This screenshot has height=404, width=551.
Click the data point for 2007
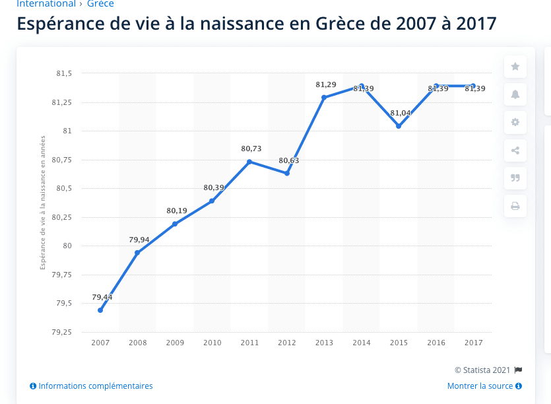(x=100, y=310)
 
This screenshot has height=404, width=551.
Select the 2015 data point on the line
(x=399, y=126)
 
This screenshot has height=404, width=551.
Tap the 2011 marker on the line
(x=249, y=162)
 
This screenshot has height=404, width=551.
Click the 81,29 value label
(x=326, y=84)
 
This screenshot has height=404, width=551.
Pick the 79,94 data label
(x=139, y=240)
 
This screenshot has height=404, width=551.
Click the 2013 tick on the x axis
(x=325, y=343)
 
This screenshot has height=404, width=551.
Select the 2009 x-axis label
(x=175, y=343)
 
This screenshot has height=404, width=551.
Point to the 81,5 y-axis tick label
(x=64, y=73)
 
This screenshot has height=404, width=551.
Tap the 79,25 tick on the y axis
(x=63, y=332)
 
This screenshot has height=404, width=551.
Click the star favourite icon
(x=515, y=66)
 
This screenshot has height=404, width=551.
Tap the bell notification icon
(x=515, y=94)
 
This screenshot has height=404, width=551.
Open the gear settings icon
(x=515, y=122)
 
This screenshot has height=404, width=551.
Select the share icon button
(x=515, y=151)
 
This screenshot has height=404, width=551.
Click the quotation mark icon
(x=515, y=178)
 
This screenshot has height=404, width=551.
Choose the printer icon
(x=515, y=207)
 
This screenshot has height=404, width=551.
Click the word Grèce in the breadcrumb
(x=100, y=4)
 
